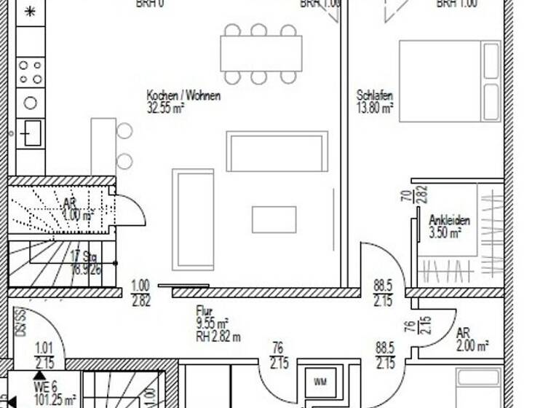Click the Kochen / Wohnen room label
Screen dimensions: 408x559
[x=183, y=95]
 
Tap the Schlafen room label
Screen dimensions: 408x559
[x=375, y=95]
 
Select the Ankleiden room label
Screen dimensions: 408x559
[x=449, y=220]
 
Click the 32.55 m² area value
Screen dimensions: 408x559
[x=165, y=107]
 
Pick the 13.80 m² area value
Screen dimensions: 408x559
[x=375, y=107]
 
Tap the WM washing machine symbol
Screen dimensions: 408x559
[x=320, y=382]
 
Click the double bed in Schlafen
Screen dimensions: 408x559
[x=450, y=80]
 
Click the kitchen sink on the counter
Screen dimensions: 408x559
[x=31, y=133]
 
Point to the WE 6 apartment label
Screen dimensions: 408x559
[x=45, y=388]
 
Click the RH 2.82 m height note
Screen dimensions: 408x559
[x=218, y=337]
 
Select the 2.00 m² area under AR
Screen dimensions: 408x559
[x=472, y=346]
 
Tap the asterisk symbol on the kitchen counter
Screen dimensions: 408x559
[x=30, y=12]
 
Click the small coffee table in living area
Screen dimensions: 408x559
[x=274, y=219]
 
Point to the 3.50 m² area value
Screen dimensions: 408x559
[x=445, y=232]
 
